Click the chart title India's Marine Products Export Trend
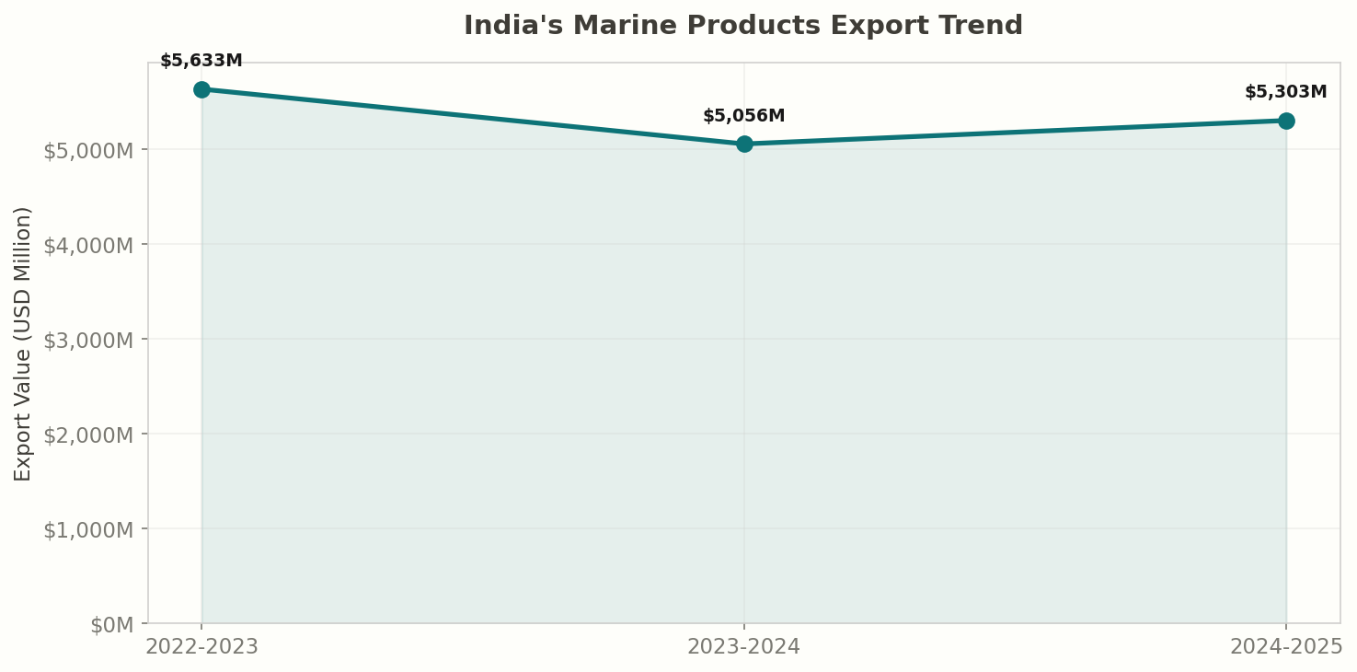tap(742, 26)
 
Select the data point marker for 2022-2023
tap(201, 89)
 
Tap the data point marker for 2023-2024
tap(744, 144)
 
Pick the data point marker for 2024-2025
tap(1286, 121)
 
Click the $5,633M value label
tap(201, 61)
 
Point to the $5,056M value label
tap(744, 116)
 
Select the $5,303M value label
tap(1285, 92)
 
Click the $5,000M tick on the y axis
tap(88, 150)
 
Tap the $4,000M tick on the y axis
tap(88, 245)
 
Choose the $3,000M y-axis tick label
tap(88, 340)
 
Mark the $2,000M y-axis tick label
tap(88, 434)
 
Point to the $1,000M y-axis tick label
tap(88, 529)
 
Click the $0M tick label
tap(111, 625)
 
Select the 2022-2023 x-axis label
tap(201, 647)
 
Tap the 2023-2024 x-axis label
tap(744, 647)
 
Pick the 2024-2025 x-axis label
tap(1286, 647)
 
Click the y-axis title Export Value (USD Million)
tap(23, 343)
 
